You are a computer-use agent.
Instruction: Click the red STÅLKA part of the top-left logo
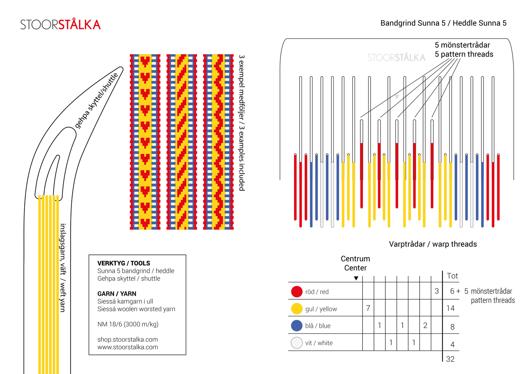[79, 25]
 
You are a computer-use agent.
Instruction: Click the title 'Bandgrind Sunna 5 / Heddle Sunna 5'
[443, 23]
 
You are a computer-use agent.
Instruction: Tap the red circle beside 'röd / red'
[297, 292]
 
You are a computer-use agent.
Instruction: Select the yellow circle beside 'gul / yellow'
[297, 309]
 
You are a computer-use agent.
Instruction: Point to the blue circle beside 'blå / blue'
[297, 326]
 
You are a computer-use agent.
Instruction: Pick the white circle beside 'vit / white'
[297, 343]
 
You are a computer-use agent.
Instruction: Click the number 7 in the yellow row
[368, 308]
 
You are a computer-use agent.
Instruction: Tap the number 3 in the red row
[437, 291]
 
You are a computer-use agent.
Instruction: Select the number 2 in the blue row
[425, 325]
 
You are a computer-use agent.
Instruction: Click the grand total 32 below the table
[450, 359]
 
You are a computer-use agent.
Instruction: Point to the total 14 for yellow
[450, 308]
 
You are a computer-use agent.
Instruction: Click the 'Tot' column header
[452, 276]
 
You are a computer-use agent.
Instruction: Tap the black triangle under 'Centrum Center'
[356, 278]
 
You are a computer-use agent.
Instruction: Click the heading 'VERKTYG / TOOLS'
[124, 263]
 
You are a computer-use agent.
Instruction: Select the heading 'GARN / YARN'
[117, 294]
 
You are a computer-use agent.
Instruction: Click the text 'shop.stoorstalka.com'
[127, 339]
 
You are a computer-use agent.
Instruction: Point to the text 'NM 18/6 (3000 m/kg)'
[128, 324]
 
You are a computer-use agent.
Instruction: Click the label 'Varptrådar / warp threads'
[433, 244]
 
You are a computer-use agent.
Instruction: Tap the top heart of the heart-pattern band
[145, 61]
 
